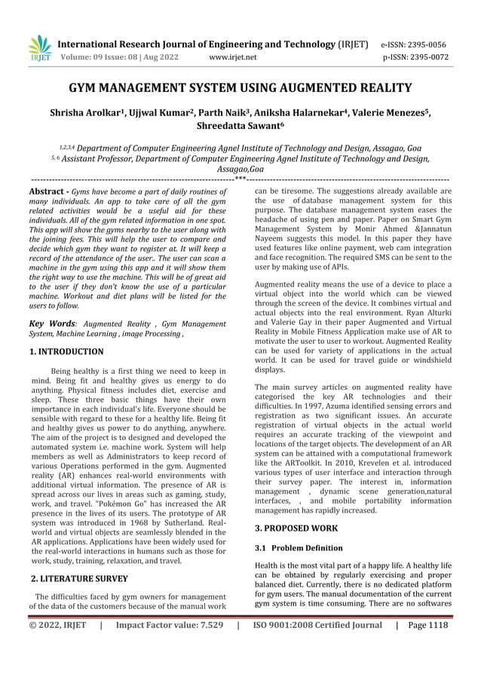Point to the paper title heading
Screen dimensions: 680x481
pos(240,89)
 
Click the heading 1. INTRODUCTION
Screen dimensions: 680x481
pos(66,351)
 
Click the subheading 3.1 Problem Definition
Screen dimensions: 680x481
pos(299,548)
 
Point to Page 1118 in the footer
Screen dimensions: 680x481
pos(427,625)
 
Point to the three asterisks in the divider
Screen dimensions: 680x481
pos(240,180)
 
